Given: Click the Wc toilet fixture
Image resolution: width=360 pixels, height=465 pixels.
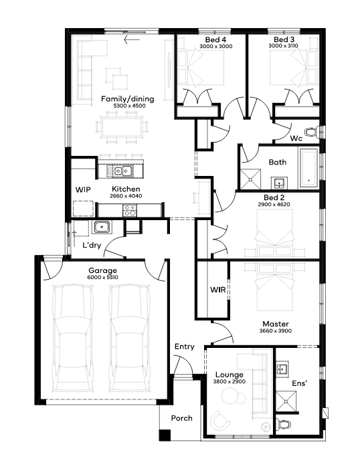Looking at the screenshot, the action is pyautogui.click(x=312, y=132).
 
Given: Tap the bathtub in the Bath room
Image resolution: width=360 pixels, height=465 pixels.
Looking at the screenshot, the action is pyautogui.click(x=309, y=168).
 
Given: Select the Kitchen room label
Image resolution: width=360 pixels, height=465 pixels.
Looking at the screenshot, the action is pyautogui.click(x=126, y=189).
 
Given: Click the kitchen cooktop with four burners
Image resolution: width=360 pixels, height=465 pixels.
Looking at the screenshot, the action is pyautogui.click(x=130, y=210).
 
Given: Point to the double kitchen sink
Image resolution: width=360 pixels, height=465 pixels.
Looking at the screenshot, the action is pyautogui.click(x=122, y=171).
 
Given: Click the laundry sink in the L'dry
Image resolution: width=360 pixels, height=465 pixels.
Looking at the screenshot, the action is pyautogui.click(x=102, y=227).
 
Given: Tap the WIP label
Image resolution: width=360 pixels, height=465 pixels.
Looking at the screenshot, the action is pyautogui.click(x=83, y=190).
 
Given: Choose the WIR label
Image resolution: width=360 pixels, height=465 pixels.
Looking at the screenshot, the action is pyautogui.click(x=218, y=290).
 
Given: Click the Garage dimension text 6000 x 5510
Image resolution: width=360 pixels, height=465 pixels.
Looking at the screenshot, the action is pyautogui.click(x=102, y=278).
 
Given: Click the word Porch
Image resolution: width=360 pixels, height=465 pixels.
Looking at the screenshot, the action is pyautogui.click(x=181, y=418).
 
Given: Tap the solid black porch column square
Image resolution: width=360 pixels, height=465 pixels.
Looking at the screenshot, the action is pyautogui.click(x=165, y=435).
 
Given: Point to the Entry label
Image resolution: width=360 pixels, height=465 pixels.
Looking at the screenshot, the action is pyautogui.click(x=184, y=347).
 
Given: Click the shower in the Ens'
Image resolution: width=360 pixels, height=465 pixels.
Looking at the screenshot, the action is pyautogui.click(x=286, y=401).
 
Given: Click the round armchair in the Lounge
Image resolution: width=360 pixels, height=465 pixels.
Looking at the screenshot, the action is pyautogui.click(x=220, y=420).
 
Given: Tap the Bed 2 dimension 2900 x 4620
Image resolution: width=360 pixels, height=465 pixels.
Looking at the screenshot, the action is pyautogui.click(x=274, y=204).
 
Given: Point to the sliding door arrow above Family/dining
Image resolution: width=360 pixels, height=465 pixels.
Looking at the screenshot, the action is pyautogui.click(x=132, y=39).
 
